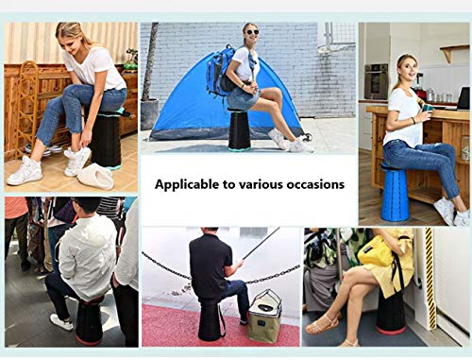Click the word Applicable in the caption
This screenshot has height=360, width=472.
tap(187, 184)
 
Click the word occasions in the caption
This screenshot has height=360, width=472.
tap(311, 184)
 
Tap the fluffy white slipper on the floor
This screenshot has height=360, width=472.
tap(94, 176)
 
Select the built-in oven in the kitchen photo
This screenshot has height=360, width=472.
tap(375, 80)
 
